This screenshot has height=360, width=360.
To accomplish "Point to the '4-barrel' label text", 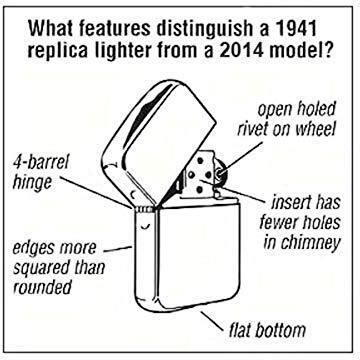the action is coord(41,163).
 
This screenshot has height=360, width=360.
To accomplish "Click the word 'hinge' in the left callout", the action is coord(32,182).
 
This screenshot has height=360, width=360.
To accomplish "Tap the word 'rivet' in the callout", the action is coord(253,129).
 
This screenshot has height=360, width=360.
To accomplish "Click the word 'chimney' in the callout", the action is coord(302,243).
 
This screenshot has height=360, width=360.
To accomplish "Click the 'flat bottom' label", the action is coord(267,330).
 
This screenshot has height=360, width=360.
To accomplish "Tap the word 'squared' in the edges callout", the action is coord(37,268).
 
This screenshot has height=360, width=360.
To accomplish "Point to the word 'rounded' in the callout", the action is coord(43,287).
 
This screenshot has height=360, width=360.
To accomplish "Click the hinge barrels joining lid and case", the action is coord(145,209).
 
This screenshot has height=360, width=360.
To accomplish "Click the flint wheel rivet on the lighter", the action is coord(220,173).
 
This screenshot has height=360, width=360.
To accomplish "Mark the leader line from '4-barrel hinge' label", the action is coord(96,193).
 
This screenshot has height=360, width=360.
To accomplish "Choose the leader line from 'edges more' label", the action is coord(118,249).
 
